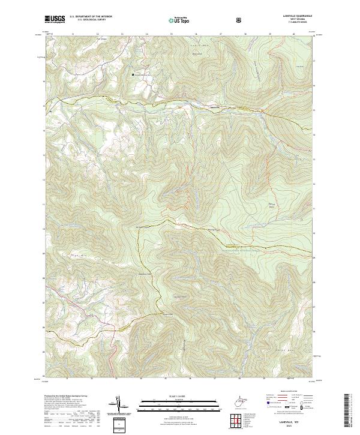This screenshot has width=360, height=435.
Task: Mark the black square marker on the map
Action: pos(133,74)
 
